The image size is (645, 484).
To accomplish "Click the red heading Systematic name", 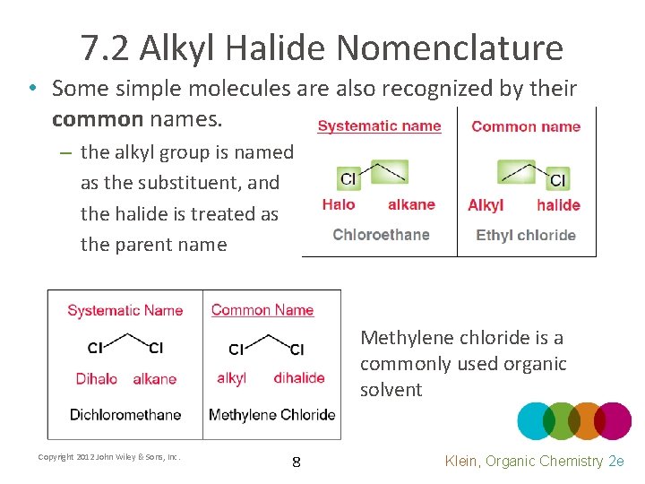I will [379, 126].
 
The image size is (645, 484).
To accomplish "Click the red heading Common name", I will [526, 126].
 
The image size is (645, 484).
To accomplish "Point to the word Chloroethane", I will [381, 235].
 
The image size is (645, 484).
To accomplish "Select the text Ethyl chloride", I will [526, 235].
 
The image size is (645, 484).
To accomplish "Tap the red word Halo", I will [339, 204].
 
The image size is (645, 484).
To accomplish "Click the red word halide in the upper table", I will [558, 205].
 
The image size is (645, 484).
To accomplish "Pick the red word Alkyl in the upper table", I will [486, 205].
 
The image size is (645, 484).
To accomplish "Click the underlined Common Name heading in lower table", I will [262, 310].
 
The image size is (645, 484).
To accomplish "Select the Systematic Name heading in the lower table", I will [125, 310].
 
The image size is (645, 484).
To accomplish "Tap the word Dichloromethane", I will [125, 414].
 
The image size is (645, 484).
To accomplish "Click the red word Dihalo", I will [96, 378].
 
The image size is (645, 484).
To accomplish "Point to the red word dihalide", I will [299, 377].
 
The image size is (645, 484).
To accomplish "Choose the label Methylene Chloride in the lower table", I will [271, 414].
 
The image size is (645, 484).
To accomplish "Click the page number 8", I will [297, 462].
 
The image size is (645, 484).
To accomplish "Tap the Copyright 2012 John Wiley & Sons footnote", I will [109, 457].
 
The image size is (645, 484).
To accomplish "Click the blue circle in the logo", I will [535, 420].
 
